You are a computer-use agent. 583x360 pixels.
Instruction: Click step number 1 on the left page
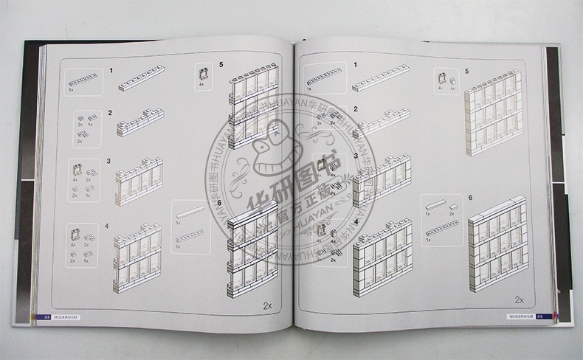coord(111,71)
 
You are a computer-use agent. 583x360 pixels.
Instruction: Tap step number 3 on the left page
coord(108,160)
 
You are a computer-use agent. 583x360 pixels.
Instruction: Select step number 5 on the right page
coord(466,70)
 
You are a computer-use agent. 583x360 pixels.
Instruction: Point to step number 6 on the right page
coord(469,198)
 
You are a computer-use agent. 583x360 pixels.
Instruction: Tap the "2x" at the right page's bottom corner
coord(519,300)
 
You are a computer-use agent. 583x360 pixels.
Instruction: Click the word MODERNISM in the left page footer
coord(66,318)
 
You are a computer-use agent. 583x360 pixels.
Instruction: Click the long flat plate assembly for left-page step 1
coord(142,78)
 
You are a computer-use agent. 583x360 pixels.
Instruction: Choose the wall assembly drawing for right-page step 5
coord(494,112)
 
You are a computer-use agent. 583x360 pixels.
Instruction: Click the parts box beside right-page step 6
coord(444,219)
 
